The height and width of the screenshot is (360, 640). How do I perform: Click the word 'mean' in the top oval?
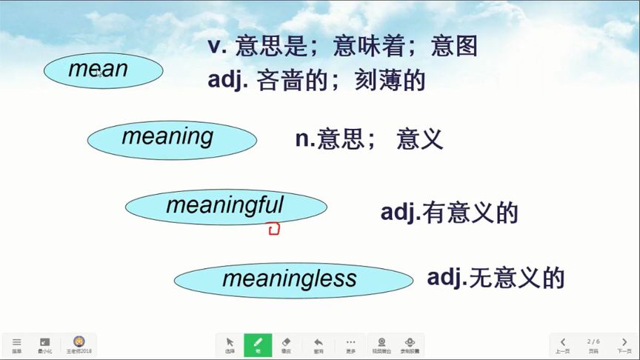99,70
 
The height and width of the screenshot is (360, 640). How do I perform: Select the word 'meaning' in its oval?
167,136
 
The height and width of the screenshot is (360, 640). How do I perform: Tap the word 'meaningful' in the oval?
224,205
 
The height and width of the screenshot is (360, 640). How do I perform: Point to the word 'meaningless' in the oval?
290,279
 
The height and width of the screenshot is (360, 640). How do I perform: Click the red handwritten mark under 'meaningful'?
273,229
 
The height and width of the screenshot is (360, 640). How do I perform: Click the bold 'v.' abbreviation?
216,46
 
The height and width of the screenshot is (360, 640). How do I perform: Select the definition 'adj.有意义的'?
449,213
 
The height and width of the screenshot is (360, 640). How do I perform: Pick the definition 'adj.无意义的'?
496,278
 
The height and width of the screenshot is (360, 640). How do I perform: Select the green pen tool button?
258,344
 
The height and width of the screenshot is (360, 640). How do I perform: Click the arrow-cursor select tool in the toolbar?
230,344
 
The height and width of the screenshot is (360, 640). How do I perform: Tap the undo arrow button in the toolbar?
319,344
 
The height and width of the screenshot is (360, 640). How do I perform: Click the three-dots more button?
350,344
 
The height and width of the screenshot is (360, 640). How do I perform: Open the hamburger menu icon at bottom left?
16,344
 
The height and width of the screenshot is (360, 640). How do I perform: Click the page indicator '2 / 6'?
593,341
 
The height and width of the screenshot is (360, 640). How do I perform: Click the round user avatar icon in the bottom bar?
79,342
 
